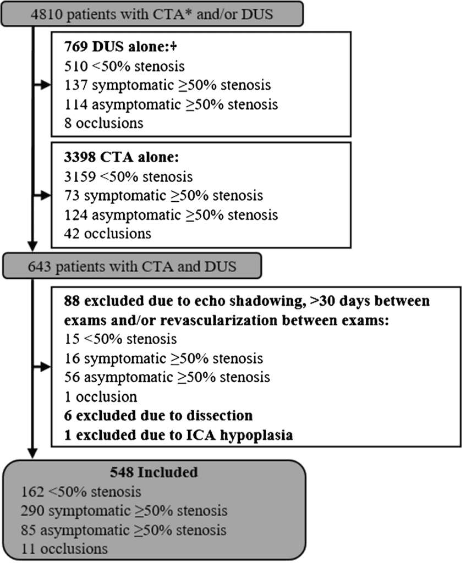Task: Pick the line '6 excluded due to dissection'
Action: click(158, 415)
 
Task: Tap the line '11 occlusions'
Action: click(65, 548)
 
